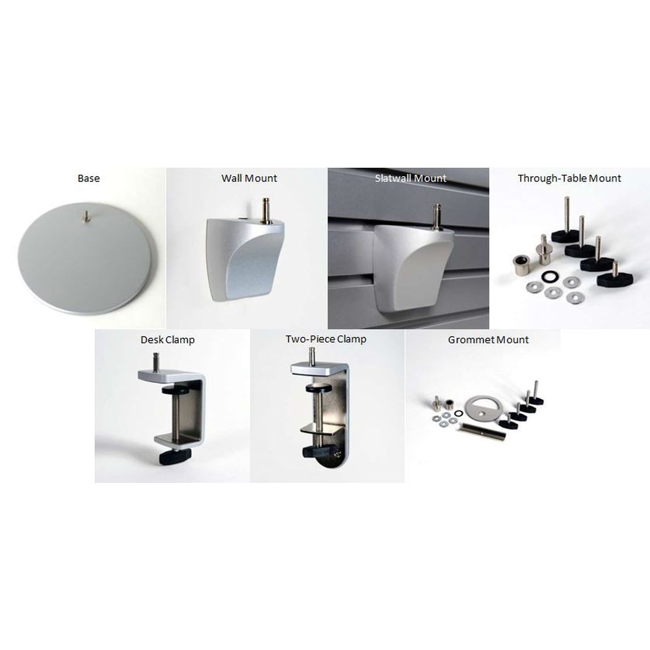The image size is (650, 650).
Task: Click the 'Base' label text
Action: [x=88, y=178]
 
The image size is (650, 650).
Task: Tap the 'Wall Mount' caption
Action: [x=249, y=178]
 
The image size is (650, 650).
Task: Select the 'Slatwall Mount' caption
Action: [x=411, y=178]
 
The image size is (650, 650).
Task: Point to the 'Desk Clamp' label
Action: [x=168, y=339]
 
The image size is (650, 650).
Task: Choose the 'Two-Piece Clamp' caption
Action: [x=326, y=339]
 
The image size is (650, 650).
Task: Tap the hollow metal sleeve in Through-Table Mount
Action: [x=521, y=264]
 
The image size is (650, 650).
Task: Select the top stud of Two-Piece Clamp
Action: [x=313, y=355]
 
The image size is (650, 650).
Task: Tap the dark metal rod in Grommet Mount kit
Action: [x=483, y=430]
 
